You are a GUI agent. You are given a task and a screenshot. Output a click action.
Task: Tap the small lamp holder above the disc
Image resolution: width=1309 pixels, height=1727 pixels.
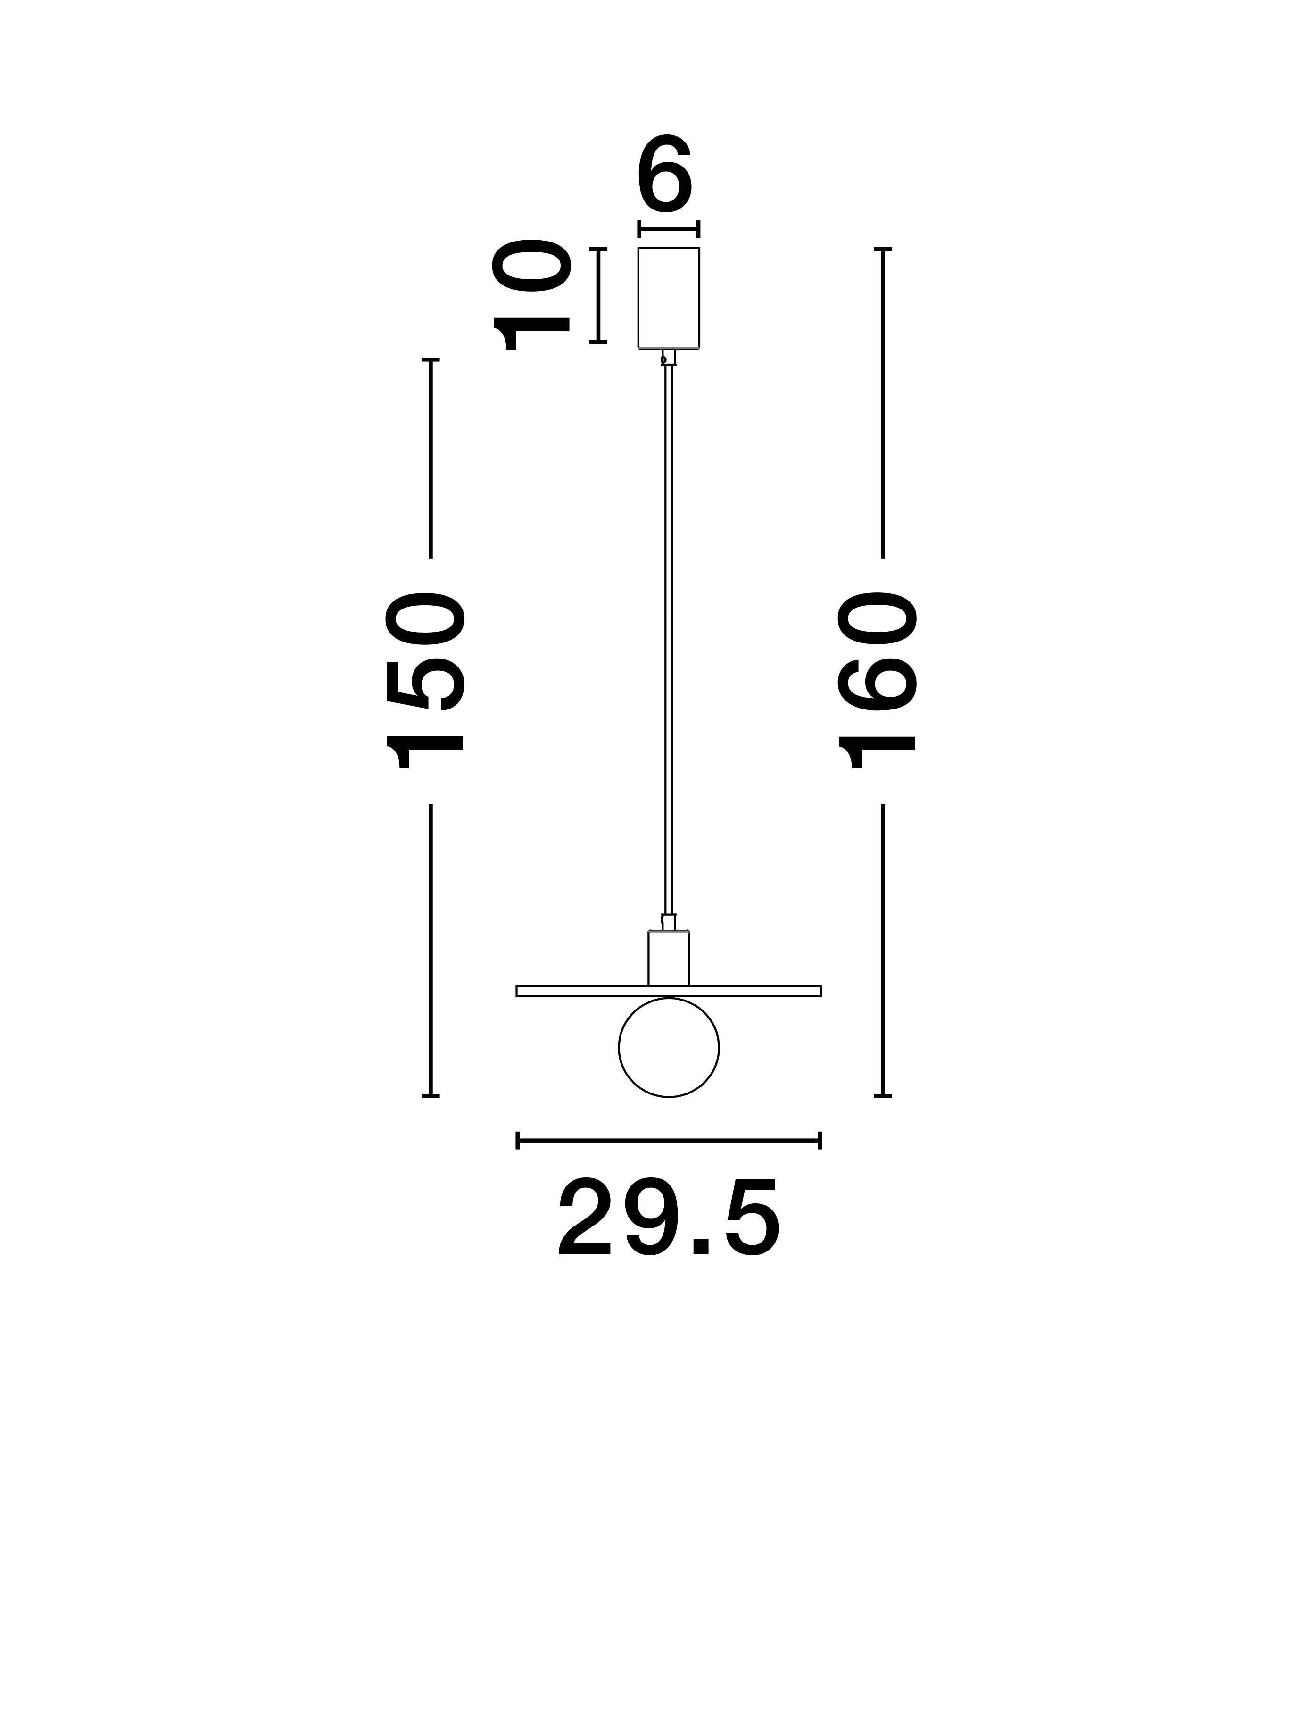(x=669, y=958)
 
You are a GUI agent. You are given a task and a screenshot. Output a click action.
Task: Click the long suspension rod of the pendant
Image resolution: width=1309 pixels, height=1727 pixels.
(x=669, y=639)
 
